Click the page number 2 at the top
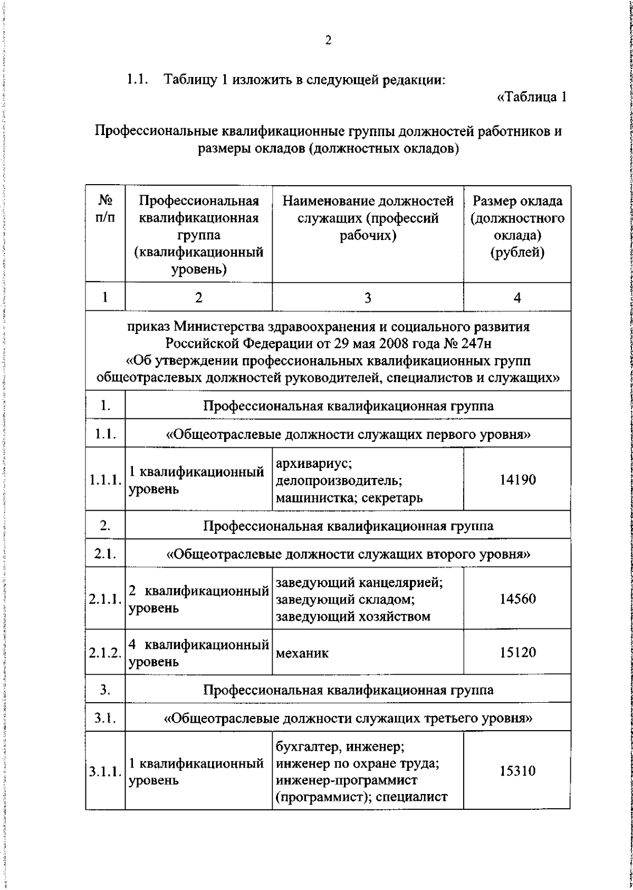pyautogui.click(x=328, y=41)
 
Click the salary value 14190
pyautogui.click(x=517, y=480)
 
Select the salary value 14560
pyautogui.click(x=517, y=599)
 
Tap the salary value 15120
pyautogui.click(x=517, y=653)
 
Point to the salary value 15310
pyautogui.click(x=517, y=771)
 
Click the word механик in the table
pyautogui.click(x=302, y=653)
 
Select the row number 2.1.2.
pyautogui.click(x=105, y=653)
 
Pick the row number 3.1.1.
pyautogui.click(x=105, y=772)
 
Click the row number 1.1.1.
pyautogui.click(x=105, y=480)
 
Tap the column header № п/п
pyautogui.click(x=105, y=209)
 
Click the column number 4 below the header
pyautogui.click(x=517, y=298)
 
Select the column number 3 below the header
pyautogui.click(x=368, y=298)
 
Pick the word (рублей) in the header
pyautogui.click(x=517, y=253)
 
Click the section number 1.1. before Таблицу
pyautogui.click(x=137, y=80)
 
